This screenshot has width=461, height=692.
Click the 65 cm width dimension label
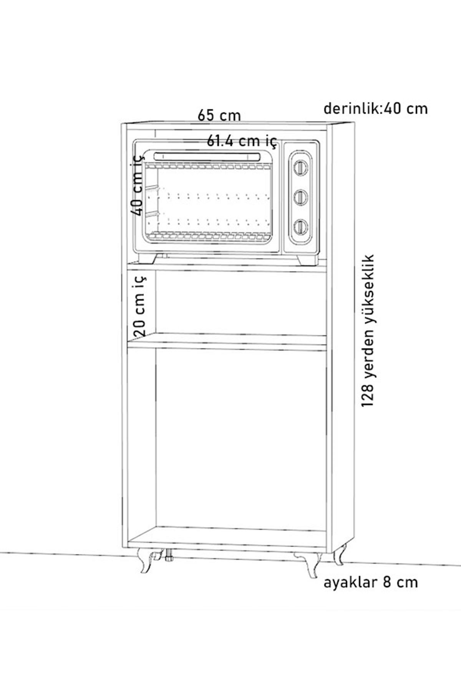pyautogui.click(x=219, y=115)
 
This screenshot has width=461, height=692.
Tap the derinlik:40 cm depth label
pyautogui.click(x=376, y=108)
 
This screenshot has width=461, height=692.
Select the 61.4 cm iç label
pyautogui.click(x=242, y=141)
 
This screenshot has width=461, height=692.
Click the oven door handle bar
pyautogui.click(x=207, y=156)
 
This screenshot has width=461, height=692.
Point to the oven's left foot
pyautogui.click(x=148, y=258)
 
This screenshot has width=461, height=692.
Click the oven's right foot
pyautogui.click(x=308, y=259)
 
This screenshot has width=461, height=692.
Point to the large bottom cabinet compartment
pyautogui.click(x=241, y=438)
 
